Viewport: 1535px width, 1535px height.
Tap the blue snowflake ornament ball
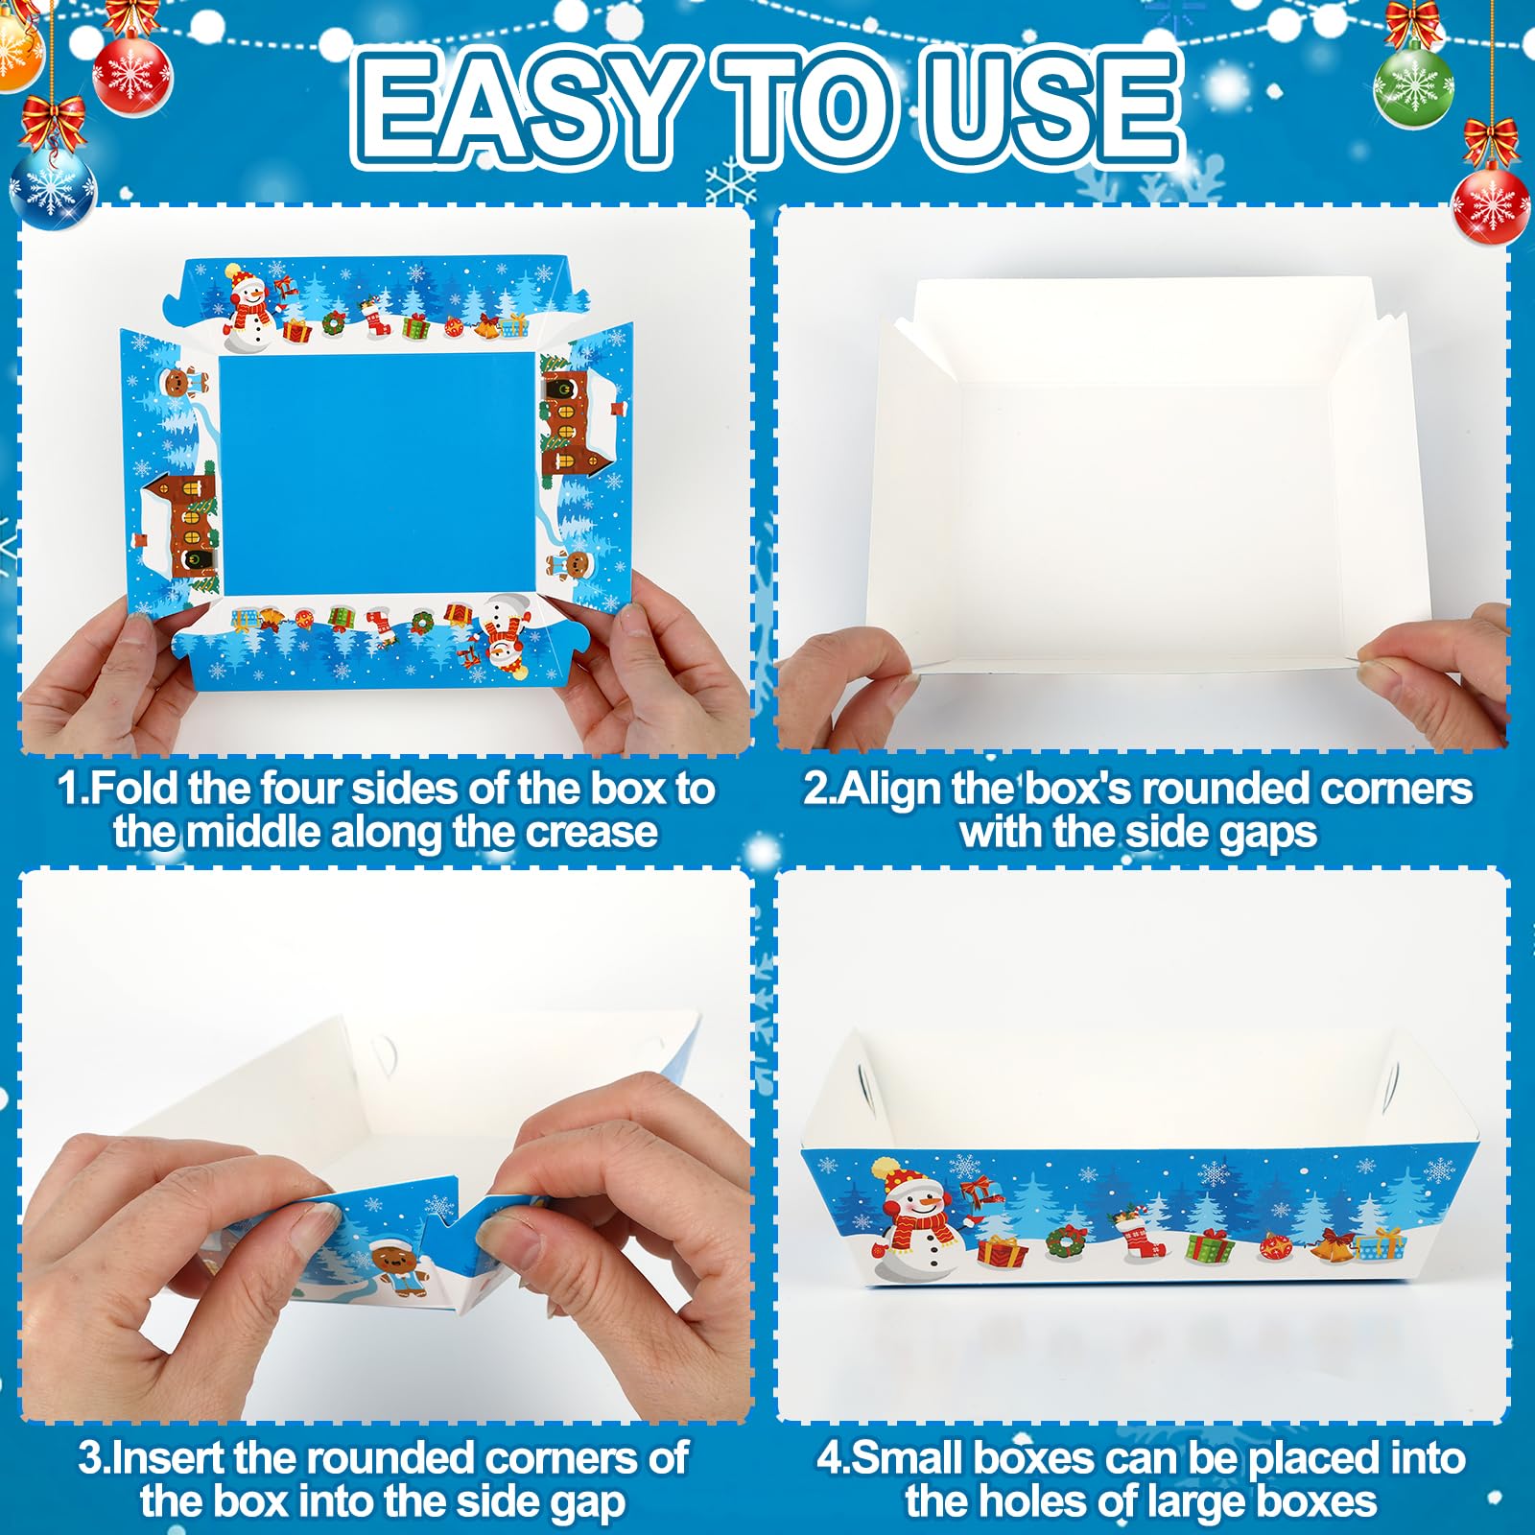tap(53, 188)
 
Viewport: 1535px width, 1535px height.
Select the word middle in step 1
tap(254, 832)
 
